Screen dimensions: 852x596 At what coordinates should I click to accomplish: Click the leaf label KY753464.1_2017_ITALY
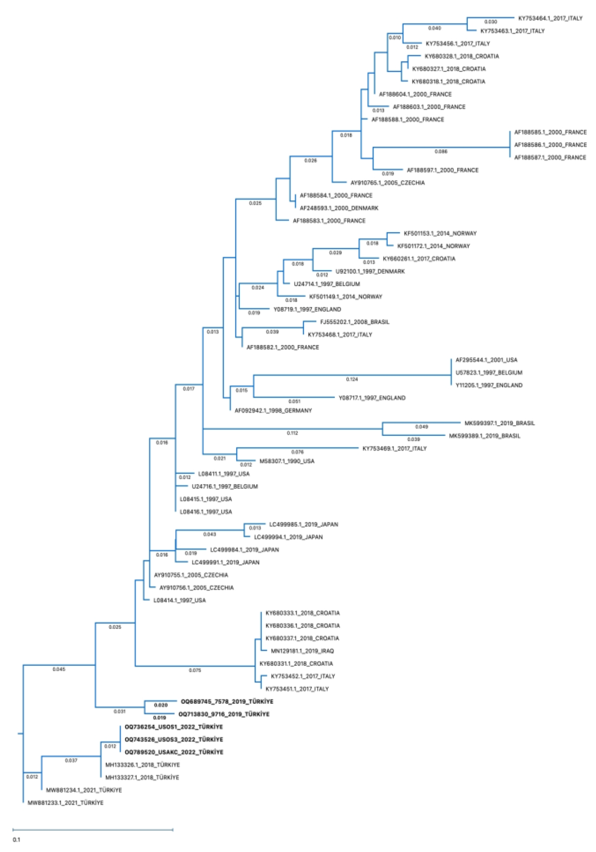[550, 18]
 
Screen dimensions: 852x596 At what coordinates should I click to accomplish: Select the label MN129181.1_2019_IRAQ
[302, 650]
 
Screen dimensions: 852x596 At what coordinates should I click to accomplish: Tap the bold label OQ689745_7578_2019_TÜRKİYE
[227, 701]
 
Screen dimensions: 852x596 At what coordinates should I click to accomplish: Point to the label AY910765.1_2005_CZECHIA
[388, 182]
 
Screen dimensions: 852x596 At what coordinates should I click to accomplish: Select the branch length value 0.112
[292, 433]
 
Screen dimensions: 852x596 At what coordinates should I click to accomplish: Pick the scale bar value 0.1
[16, 840]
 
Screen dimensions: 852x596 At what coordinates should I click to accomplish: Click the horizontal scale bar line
[93, 829]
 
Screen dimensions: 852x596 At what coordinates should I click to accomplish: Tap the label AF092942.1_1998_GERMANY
[273, 410]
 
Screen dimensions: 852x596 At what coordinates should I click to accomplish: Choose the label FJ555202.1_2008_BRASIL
[354, 322]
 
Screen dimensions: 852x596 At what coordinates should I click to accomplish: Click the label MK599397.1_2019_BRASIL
[499, 423]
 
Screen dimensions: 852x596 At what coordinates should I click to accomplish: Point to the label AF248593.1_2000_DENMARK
[339, 208]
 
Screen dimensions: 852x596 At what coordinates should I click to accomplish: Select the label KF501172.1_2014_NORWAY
[433, 246]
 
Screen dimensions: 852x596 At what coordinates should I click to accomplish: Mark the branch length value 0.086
[441, 151]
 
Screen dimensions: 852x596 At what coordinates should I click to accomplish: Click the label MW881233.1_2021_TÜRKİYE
[65, 803]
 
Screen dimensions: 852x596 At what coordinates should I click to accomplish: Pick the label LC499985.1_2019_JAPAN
[303, 524]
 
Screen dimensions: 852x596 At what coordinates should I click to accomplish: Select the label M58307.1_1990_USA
[287, 461]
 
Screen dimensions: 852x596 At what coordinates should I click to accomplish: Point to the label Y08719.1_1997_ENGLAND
[307, 309]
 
